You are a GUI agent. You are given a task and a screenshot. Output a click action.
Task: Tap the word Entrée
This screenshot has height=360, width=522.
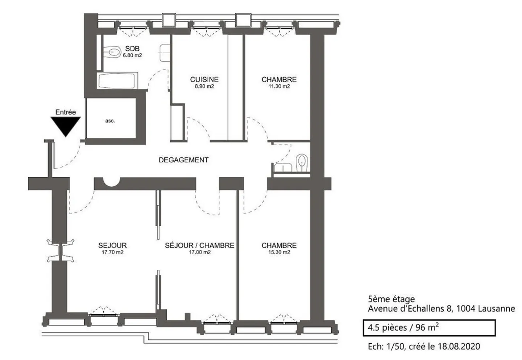pos(66,112)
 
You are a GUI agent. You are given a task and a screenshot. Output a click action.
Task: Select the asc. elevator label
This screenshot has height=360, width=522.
pos(110,121)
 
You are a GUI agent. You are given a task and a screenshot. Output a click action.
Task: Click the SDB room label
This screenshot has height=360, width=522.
pos(132,49)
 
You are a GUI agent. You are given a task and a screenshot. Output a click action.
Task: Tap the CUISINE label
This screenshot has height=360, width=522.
pos(204,79)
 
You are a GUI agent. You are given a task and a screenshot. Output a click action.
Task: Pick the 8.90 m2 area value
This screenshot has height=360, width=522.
pos(204,86)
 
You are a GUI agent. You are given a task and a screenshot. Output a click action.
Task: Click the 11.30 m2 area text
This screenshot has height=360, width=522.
pos(279,86)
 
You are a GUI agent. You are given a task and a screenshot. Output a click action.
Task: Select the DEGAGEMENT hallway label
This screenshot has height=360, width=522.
pos(184,160)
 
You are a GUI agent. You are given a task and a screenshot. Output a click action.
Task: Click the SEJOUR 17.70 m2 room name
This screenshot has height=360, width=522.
pos(112,245)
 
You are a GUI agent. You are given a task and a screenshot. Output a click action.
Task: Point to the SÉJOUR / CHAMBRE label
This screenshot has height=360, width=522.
pos(200,245)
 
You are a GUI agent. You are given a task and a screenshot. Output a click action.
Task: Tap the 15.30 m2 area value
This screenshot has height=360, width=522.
pos(279,252)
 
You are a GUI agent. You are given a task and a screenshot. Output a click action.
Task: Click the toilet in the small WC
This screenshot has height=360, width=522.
pos(302,163)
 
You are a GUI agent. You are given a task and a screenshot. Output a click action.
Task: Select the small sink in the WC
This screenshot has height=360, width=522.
pos(283,167)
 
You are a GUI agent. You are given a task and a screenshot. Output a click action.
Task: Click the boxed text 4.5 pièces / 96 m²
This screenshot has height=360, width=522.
pos(403,328)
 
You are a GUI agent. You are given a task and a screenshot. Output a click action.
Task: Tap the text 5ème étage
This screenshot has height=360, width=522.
pos(391,299)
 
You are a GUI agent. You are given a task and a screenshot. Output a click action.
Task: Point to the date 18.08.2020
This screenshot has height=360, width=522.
pos(459,347)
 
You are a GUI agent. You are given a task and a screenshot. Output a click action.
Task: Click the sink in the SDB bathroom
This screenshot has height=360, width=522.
pos(165,53)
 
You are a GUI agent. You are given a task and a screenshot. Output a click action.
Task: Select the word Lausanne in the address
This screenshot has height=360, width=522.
pos(497,309)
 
